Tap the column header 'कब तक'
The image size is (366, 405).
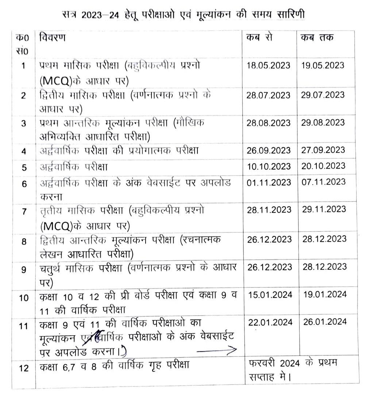(x=317, y=38)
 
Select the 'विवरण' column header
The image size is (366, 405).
(x=53, y=38)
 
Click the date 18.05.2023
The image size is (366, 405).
(x=269, y=65)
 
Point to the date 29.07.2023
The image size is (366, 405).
(x=323, y=94)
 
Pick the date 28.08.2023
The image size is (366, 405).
(x=269, y=122)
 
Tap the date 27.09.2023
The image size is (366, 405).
(x=323, y=150)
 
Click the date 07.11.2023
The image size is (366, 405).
(x=323, y=181)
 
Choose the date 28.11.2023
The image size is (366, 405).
(x=269, y=210)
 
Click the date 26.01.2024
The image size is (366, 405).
(x=324, y=322)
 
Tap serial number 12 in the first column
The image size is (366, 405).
(x=23, y=368)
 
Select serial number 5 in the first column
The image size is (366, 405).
(x=23, y=168)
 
